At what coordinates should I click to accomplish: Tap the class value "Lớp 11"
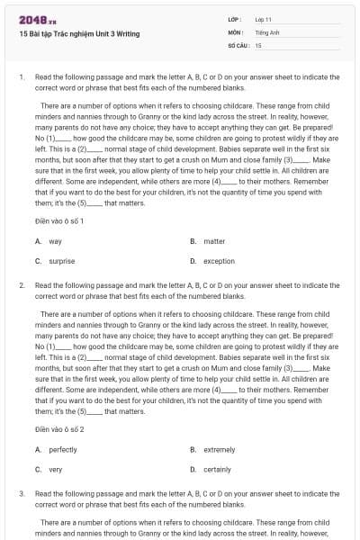tap(264, 19)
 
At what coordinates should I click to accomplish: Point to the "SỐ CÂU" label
tap(238, 44)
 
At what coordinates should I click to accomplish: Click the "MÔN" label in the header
tap(236, 31)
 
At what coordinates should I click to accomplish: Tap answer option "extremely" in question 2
tap(220, 449)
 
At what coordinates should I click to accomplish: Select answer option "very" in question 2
tap(56, 469)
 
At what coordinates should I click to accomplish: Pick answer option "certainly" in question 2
tap(218, 469)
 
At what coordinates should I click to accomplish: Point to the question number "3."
tap(22, 493)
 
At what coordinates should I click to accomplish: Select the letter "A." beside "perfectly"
tap(39, 449)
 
